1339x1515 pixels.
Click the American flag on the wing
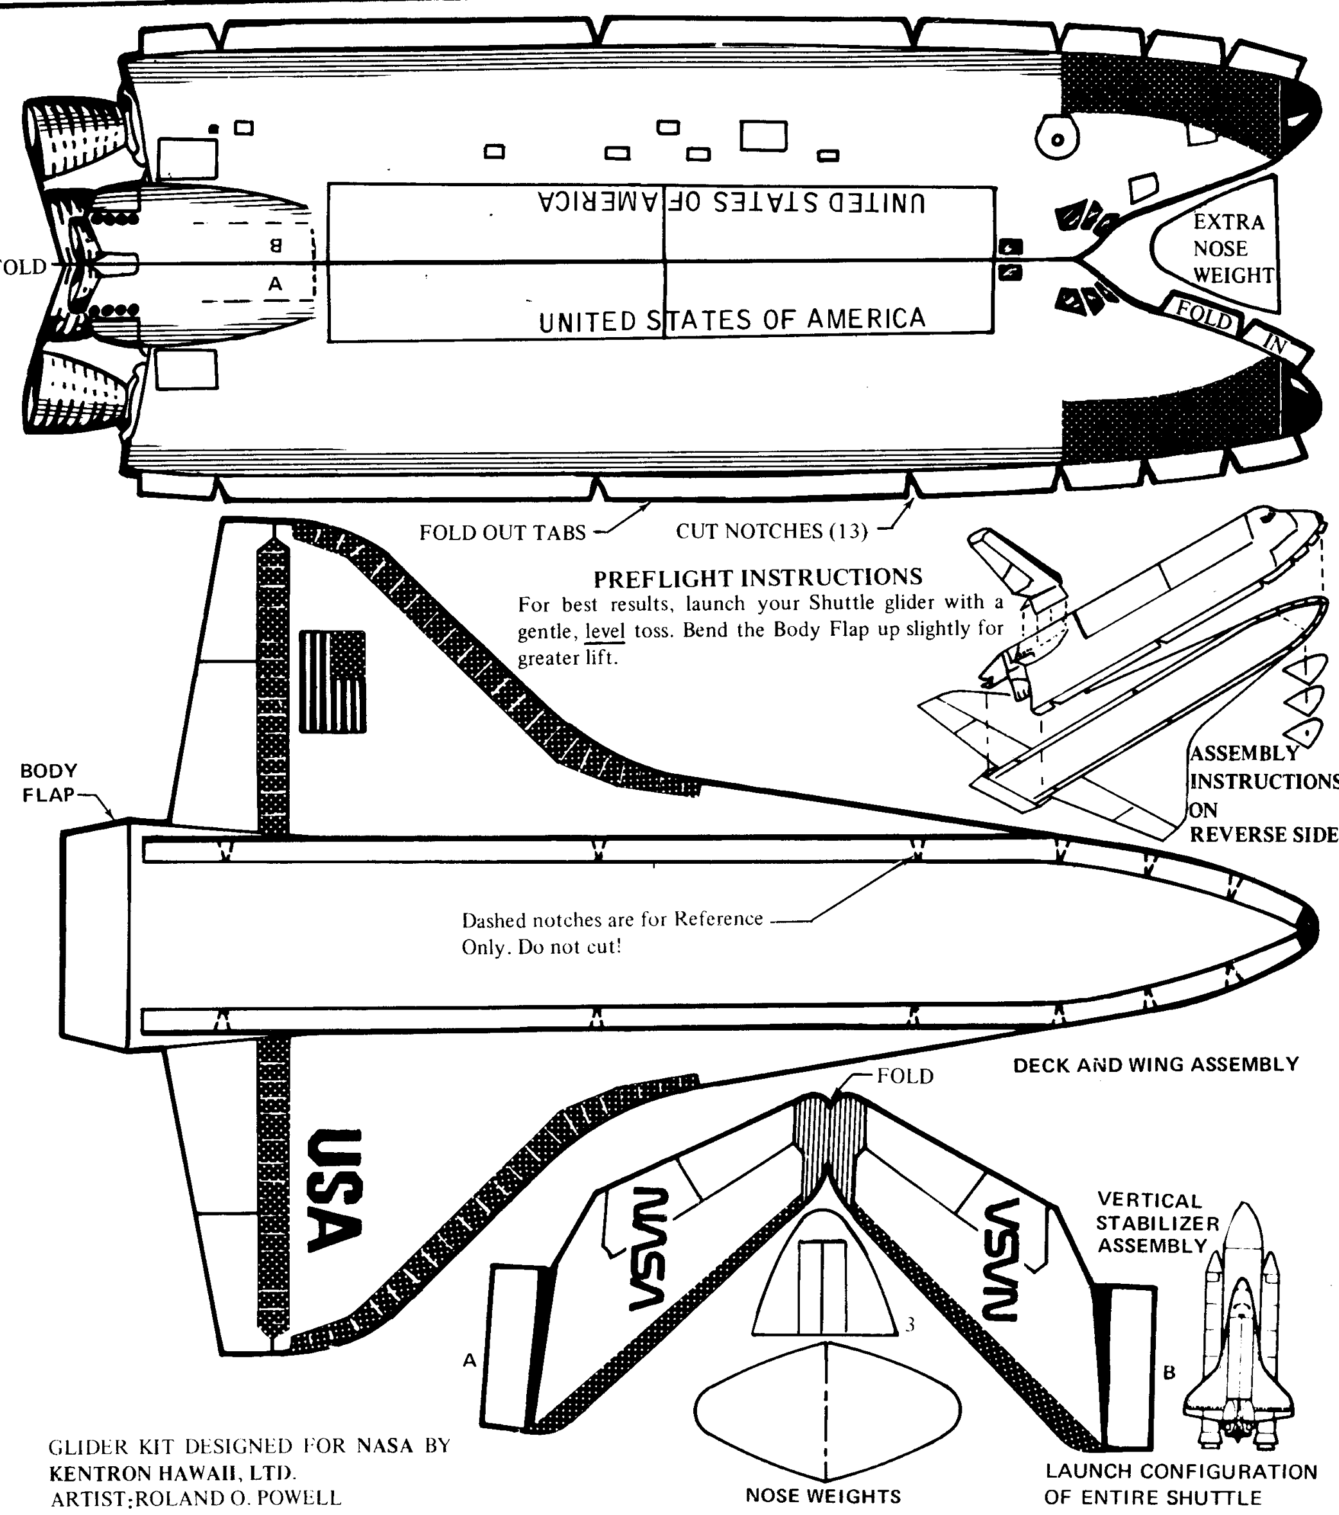click(x=332, y=681)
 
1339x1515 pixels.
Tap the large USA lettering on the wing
click(x=334, y=1191)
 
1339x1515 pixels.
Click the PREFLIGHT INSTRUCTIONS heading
click(x=758, y=577)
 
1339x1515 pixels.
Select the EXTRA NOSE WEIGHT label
click(x=1232, y=249)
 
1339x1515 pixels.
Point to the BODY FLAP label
click(x=48, y=783)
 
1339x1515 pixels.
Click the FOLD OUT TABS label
click(x=502, y=532)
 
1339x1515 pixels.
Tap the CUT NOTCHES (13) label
click(x=771, y=530)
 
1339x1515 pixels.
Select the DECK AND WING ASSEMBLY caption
click(x=1155, y=1064)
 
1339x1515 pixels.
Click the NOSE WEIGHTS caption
click(x=823, y=1496)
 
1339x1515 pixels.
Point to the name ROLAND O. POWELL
click(x=237, y=1498)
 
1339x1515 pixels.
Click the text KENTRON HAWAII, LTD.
click(x=172, y=1472)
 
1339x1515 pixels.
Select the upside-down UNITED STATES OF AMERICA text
click(x=731, y=202)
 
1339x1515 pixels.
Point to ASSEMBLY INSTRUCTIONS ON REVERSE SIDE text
click(x=1263, y=794)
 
